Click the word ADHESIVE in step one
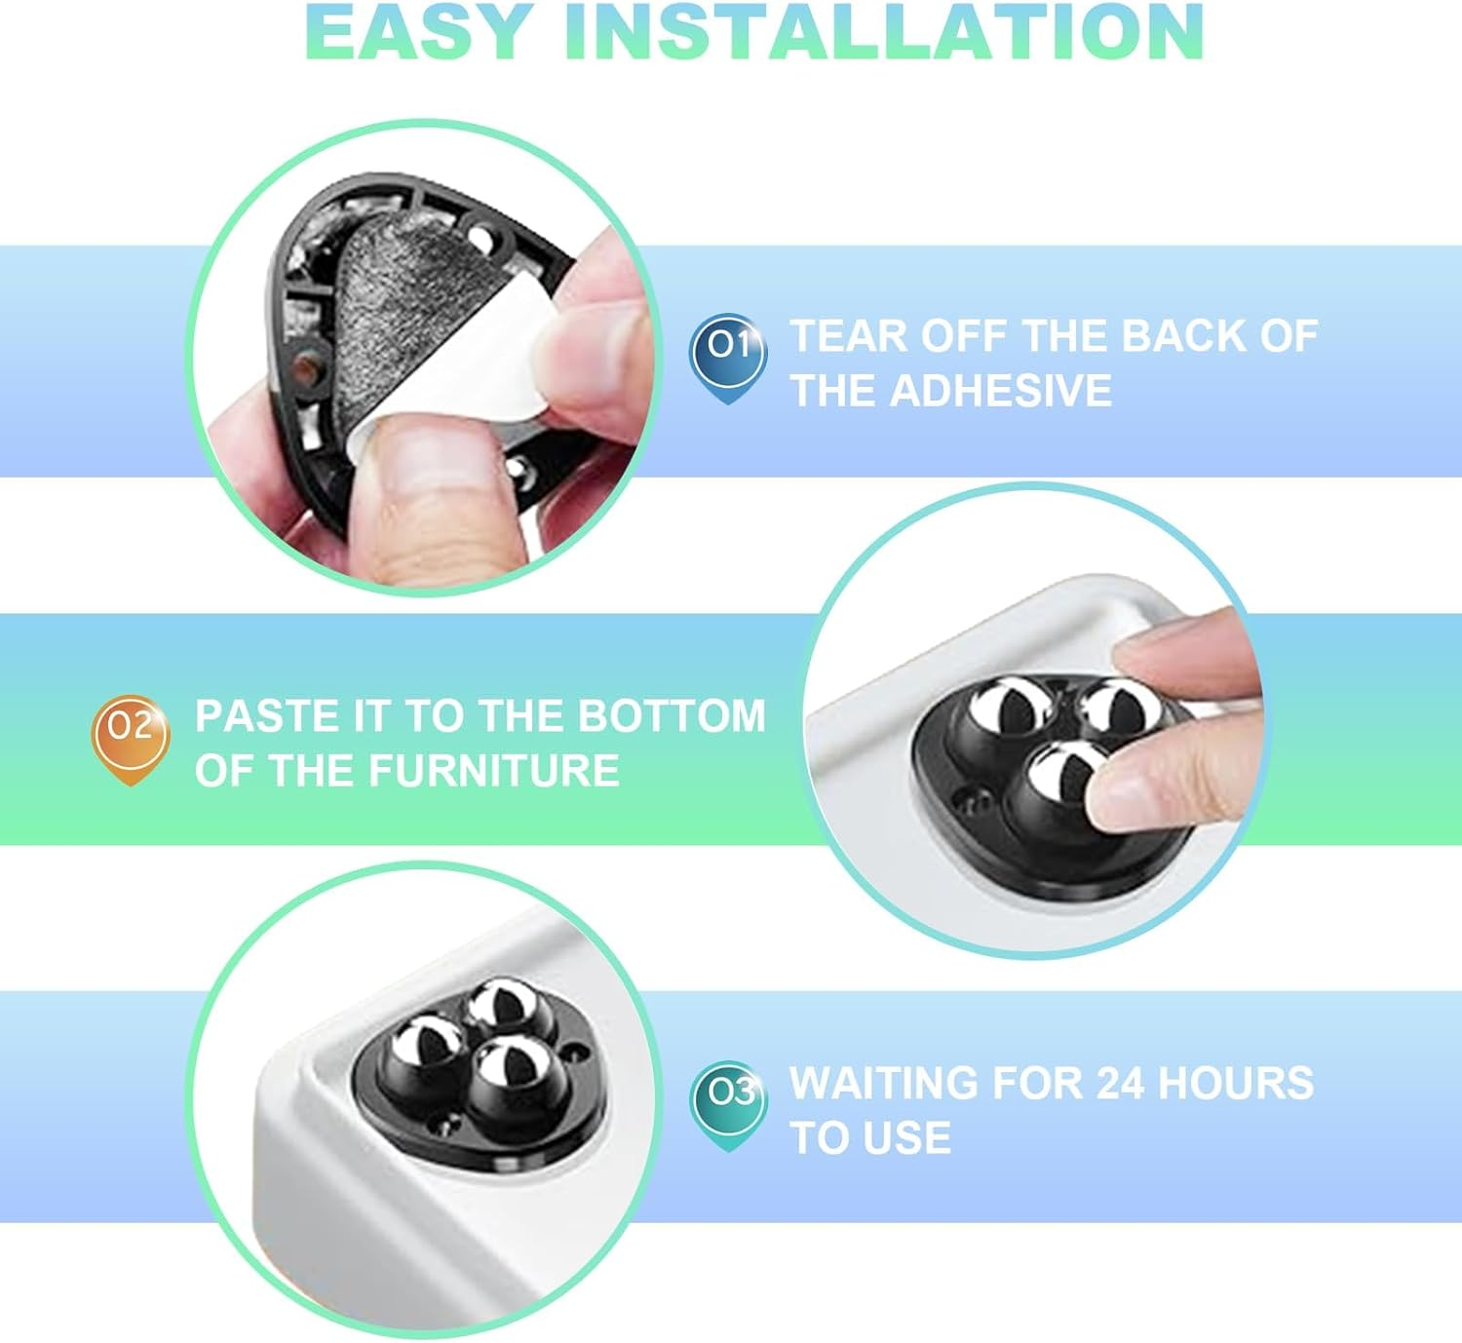[1000, 390]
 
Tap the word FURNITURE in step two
[494, 770]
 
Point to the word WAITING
[883, 1083]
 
